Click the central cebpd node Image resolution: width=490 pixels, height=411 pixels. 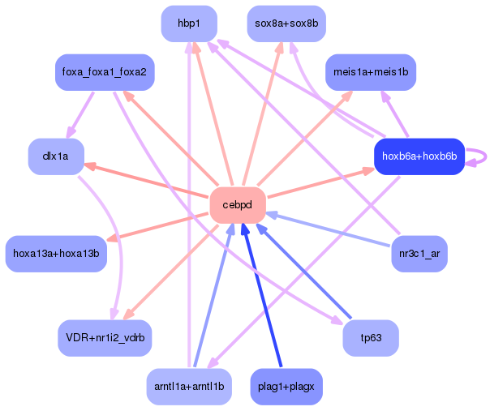click(x=238, y=205)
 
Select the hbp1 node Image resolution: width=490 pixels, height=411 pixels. click(x=189, y=24)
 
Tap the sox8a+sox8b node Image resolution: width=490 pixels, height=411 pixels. click(x=286, y=24)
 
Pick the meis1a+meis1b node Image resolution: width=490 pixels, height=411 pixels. click(x=371, y=72)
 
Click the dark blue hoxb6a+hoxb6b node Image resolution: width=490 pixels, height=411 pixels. click(x=419, y=156)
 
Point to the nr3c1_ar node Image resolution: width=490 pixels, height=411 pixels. click(x=419, y=254)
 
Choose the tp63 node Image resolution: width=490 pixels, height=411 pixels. click(x=371, y=338)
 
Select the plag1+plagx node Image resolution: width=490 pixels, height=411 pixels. click(x=286, y=387)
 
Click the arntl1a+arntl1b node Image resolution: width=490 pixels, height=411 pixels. click(x=189, y=387)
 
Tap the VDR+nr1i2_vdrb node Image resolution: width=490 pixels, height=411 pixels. click(x=105, y=338)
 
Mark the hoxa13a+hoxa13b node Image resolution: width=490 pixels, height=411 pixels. click(x=56, y=254)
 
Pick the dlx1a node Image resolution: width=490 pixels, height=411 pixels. click(x=56, y=156)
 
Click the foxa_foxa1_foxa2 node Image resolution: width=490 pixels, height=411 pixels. click(x=105, y=72)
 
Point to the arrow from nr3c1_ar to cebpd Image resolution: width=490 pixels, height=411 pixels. click(x=328, y=230)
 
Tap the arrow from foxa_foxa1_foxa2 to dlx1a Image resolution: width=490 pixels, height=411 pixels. click(x=80, y=115)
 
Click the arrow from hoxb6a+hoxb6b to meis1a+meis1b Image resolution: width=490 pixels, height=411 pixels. click(x=394, y=114)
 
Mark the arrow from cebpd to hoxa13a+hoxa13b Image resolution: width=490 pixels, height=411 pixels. click(x=157, y=227)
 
